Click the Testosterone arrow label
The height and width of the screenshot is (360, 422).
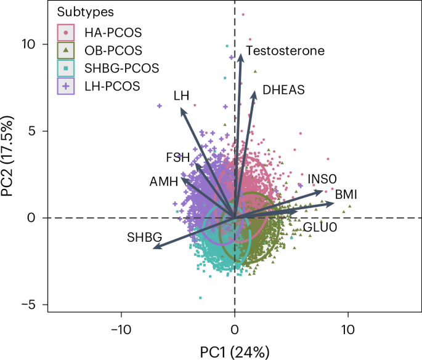(x=285, y=50)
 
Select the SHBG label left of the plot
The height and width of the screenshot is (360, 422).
(x=144, y=236)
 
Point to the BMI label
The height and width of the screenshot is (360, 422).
(x=347, y=195)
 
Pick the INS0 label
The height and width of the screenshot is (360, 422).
(x=323, y=179)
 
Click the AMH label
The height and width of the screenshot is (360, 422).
(x=163, y=182)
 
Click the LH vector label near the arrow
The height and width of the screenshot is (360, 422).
(x=181, y=95)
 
